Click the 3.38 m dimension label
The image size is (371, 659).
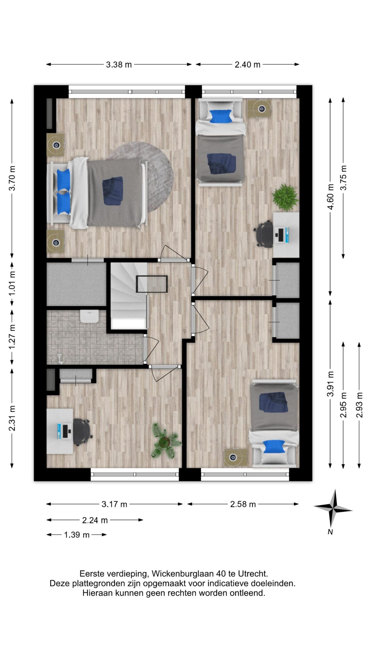119,64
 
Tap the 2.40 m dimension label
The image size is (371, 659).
247,64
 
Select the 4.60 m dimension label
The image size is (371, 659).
331,197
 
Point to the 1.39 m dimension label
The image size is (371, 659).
77,535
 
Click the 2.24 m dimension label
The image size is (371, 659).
95,520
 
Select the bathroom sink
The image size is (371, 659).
89,316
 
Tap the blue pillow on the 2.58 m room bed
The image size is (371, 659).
274,446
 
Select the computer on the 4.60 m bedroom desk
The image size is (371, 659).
283,235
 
